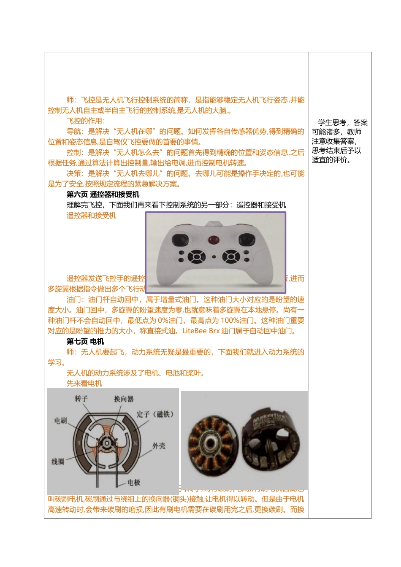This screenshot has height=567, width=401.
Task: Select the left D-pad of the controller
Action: [196, 256]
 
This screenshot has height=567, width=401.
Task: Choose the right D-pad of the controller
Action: [231, 256]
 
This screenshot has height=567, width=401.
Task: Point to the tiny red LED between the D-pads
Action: [214, 256]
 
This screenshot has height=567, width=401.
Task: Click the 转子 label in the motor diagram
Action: [81, 399]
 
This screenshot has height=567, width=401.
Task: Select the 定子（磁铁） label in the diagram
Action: [155, 414]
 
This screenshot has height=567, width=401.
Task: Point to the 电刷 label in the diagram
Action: [60, 421]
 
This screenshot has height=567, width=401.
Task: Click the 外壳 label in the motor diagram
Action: [159, 446]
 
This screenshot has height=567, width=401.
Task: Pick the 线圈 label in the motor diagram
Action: [58, 462]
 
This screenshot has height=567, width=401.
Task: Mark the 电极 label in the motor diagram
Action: [134, 482]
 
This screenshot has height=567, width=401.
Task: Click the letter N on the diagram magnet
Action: [135, 443]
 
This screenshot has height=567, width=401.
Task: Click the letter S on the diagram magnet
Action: [79, 443]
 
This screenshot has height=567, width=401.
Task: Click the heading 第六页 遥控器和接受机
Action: [103, 194]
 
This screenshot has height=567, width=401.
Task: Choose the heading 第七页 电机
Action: [85, 342]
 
